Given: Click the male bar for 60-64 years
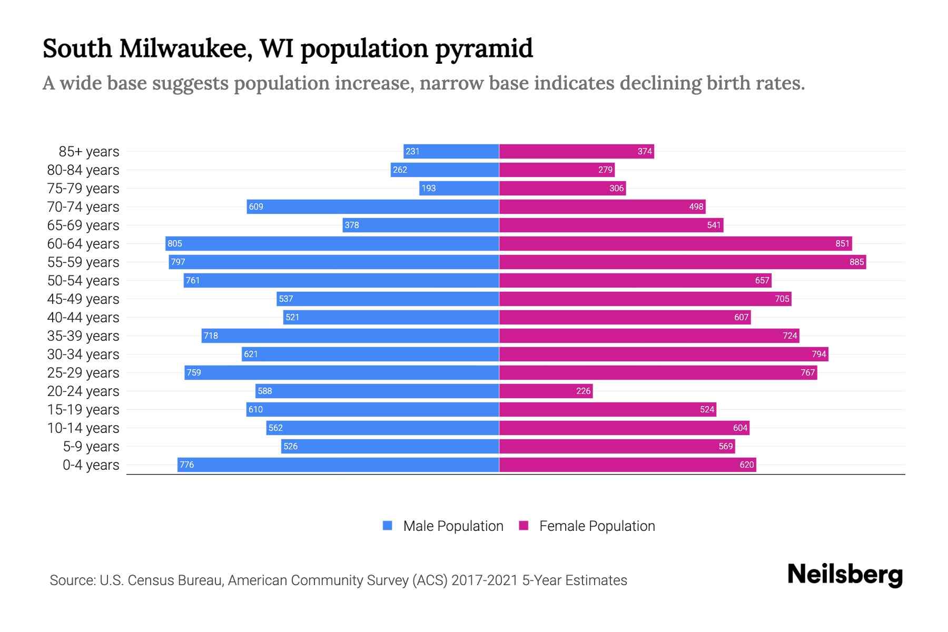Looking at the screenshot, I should click(x=332, y=243).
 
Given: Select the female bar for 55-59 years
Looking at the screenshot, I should click(x=682, y=262).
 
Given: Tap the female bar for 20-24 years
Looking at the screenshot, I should click(x=546, y=391).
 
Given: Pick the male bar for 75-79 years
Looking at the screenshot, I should click(x=459, y=188).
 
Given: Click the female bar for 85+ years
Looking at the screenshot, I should click(x=576, y=151).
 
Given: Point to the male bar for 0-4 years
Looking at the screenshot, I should click(x=338, y=465).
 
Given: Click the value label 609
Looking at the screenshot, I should click(x=256, y=206).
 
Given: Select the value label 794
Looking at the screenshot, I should click(x=818, y=354).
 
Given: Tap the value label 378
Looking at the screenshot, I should click(x=351, y=225).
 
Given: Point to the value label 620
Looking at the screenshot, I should click(x=746, y=465).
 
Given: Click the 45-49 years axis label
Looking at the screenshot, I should click(x=83, y=299).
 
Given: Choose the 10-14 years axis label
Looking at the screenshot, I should click(x=83, y=428).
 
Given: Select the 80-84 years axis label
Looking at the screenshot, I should click(x=83, y=170).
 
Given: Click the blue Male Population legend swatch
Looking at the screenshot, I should click(x=388, y=526).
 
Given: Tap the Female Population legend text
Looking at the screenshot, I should click(x=597, y=526).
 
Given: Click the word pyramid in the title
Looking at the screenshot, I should click(x=484, y=49).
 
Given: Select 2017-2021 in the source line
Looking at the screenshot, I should click(x=485, y=580).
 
